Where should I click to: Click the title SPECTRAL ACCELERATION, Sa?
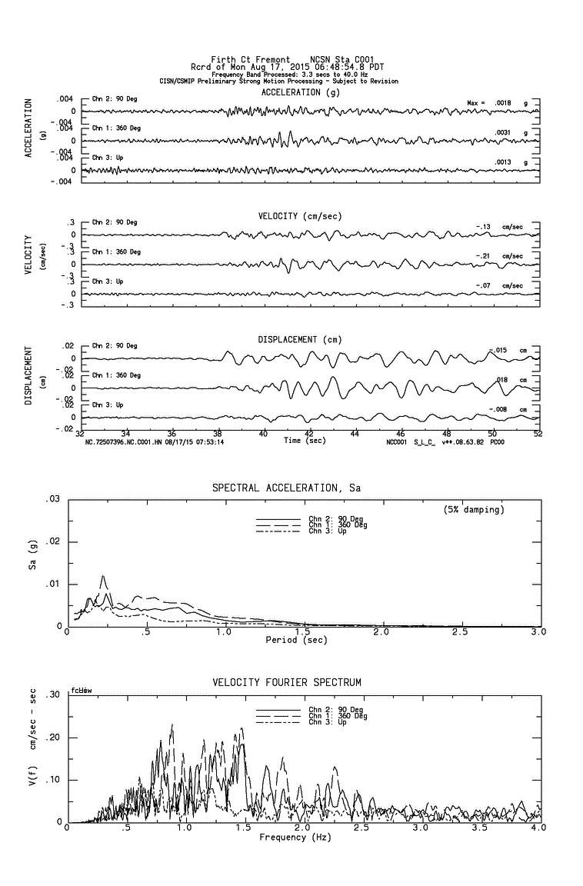(x=286, y=488)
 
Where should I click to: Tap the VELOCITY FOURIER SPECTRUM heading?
(x=286, y=682)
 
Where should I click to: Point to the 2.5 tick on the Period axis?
(x=460, y=632)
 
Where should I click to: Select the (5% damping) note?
(x=474, y=509)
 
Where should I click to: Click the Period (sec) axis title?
(x=296, y=640)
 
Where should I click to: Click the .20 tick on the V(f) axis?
(x=53, y=737)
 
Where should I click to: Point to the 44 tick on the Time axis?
(x=355, y=435)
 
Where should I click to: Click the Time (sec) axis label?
(x=304, y=441)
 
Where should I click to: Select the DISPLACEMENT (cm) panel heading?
(x=300, y=339)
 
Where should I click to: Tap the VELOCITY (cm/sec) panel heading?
(x=300, y=216)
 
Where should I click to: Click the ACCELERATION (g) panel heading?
(x=300, y=92)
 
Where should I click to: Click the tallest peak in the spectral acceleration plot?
(x=102, y=576)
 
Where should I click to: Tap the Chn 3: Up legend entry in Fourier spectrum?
(x=327, y=722)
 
